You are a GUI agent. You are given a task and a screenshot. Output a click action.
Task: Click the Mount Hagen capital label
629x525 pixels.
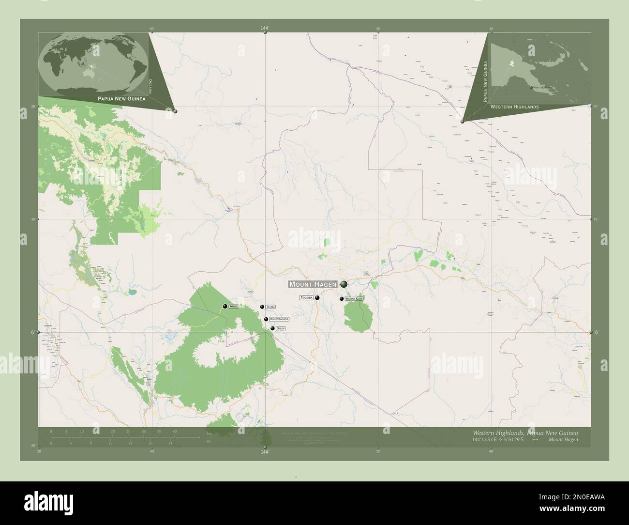tap(313, 284)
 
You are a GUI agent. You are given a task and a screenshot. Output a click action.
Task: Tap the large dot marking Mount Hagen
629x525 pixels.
tap(344, 284)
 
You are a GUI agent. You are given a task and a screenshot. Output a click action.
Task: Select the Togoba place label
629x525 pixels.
tap(306, 297)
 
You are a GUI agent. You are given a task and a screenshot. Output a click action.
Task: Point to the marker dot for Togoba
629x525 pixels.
tap(317, 298)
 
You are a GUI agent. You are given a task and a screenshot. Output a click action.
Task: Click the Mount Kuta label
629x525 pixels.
tap(354, 299)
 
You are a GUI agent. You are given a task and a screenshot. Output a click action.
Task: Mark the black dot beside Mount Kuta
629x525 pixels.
tap(342, 299)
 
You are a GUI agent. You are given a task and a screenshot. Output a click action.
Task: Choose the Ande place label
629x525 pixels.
tap(234, 307)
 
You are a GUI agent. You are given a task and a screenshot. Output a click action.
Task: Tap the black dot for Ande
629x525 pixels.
tap(225, 306)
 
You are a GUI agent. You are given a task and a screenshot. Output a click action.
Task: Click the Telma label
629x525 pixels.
tap(270, 307)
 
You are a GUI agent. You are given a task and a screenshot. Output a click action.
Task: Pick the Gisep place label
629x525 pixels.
tap(281, 329)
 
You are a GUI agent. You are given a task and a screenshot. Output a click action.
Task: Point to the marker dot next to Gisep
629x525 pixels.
tap(272, 329)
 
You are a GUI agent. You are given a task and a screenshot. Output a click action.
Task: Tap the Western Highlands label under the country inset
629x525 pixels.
tap(514, 107)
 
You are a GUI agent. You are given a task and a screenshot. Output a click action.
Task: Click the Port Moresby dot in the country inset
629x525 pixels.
tap(531, 88)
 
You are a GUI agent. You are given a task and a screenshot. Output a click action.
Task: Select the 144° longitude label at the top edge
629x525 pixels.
tap(264, 29)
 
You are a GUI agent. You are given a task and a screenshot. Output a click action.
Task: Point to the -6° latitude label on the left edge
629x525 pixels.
tap(31, 333)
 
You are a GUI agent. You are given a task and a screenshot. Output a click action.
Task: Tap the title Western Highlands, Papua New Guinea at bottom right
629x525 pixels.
tap(524, 432)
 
